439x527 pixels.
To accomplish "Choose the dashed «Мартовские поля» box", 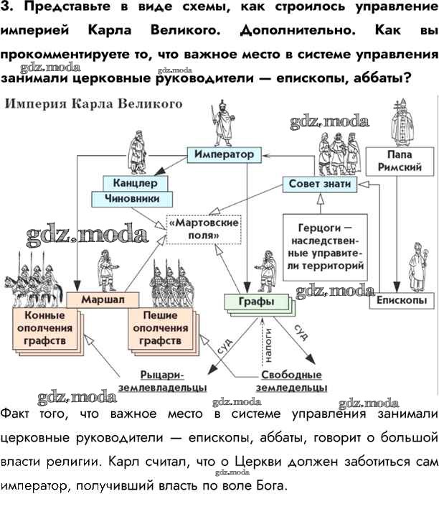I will point(203,229).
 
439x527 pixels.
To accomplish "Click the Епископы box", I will point(401,300).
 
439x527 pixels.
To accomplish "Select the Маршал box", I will point(103,299).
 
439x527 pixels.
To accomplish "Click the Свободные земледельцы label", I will point(291,381).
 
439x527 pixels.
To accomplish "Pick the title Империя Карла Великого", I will point(95,103).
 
